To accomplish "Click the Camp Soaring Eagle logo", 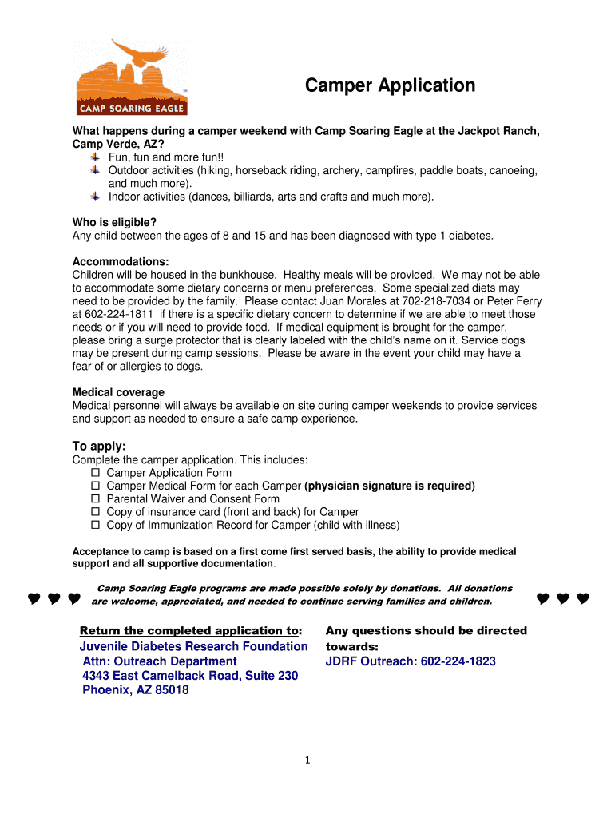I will (132, 77).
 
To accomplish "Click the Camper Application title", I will (391, 85).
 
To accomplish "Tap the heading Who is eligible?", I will (114, 222).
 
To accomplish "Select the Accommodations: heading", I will (121, 261).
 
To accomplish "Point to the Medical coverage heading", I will (118, 392).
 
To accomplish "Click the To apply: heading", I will (99, 446).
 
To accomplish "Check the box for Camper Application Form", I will (94, 473).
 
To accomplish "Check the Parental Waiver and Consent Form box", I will (94, 499).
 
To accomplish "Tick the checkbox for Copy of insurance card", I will (94, 512).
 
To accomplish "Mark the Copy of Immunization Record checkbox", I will (94, 525).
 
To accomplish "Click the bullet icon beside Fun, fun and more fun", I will (95, 157).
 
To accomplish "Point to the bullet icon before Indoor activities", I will (95, 196).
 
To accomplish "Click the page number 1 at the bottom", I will (307, 760).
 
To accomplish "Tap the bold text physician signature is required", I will (390, 486).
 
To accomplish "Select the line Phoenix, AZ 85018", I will (136, 690).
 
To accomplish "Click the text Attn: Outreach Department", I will (160, 661).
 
